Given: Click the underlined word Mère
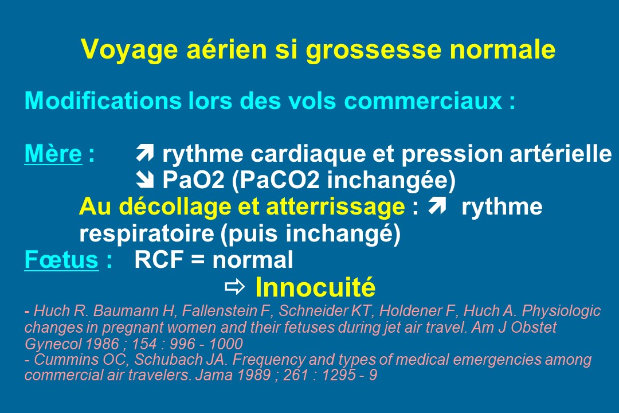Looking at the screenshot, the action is point(53,153).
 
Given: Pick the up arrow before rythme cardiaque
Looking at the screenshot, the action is point(144,153).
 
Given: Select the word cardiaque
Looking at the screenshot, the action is point(308,154).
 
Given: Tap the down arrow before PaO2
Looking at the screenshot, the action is point(144,180).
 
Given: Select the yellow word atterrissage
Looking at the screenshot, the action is point(335,206).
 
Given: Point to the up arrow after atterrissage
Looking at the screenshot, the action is point(437,205).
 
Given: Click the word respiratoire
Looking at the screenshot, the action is point(147,234).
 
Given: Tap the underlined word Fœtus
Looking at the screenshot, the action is point(61,260).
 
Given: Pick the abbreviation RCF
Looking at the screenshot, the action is point(159,260).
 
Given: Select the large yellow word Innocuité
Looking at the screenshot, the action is point(315,287).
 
